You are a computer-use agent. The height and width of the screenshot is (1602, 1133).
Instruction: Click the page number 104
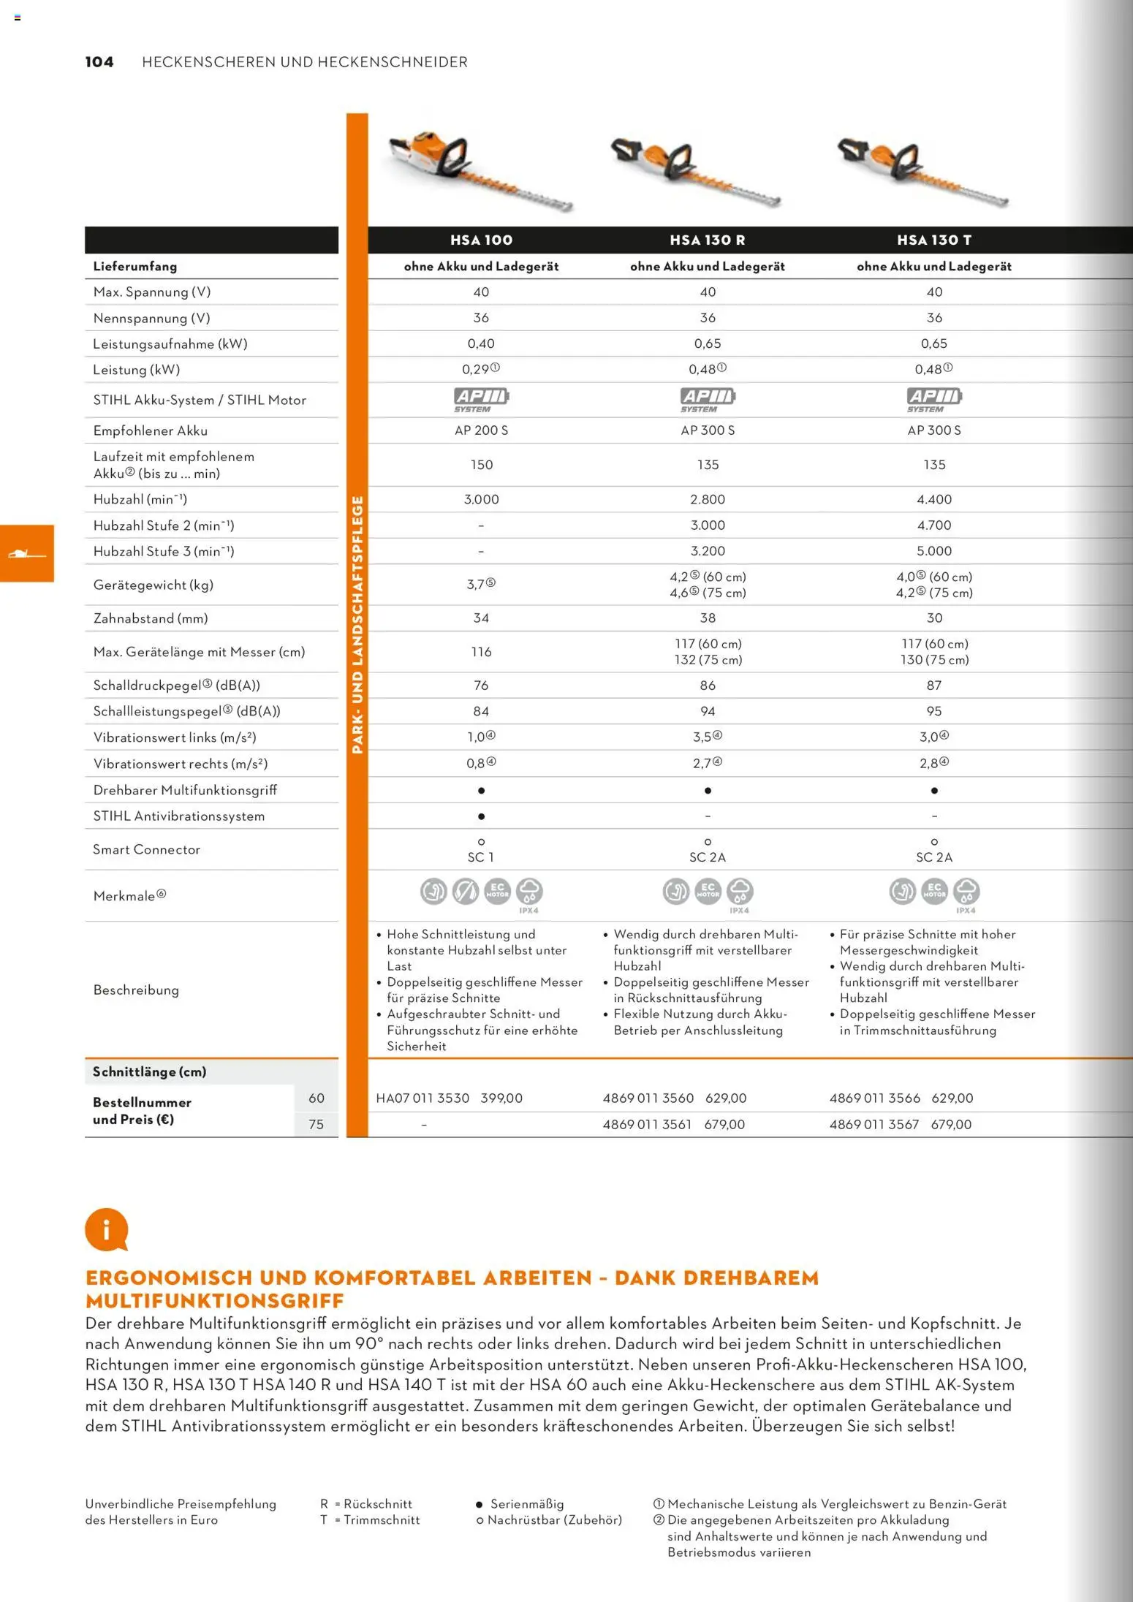pos(99,62)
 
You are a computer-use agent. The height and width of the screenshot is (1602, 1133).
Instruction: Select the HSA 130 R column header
pos(707,240)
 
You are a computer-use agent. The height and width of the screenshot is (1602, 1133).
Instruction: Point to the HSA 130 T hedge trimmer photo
pos(922,171)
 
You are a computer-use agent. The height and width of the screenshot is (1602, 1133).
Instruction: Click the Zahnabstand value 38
pos(708,618)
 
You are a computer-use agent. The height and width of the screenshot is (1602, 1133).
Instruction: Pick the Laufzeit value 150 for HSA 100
pos(481,465)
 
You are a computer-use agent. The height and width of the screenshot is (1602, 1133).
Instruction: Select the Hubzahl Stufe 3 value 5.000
pos(934,551)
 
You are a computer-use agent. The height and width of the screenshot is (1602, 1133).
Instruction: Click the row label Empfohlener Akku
pos(150,430)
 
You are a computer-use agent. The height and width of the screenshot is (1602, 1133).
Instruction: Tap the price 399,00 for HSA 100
pos(501,1098)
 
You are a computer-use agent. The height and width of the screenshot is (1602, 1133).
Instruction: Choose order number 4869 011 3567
pos(874,1124)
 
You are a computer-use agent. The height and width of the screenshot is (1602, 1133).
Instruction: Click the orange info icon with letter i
pos(106,1230)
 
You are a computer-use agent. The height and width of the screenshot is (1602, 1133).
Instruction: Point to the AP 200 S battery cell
pos(481,430)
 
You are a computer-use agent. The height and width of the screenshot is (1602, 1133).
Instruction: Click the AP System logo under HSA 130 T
pos(934,399)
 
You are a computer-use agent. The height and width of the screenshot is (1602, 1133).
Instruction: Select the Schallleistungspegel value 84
pos(481,711)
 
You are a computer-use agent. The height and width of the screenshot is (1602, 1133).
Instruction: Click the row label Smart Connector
pos(146,849)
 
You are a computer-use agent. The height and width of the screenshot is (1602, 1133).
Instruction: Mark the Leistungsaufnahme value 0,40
pos(481,343)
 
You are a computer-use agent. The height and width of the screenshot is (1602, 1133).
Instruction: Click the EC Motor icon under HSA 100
pos(497,892)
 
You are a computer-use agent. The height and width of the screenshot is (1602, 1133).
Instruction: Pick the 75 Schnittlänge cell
pos(316,1124)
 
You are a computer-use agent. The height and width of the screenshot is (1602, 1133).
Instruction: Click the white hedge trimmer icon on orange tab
pos(26,554)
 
